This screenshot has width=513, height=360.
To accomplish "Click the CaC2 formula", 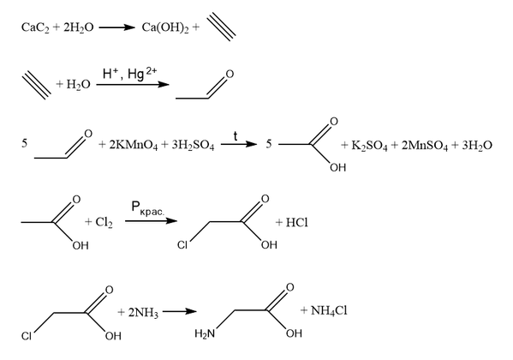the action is [35, 27].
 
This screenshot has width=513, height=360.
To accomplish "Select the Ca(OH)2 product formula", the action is [165, 27].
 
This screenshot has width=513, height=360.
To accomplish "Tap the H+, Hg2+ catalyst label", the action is [129, 74].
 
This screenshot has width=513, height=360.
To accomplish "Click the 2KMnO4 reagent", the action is [133, 145].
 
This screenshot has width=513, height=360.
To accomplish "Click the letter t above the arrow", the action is [236, 136].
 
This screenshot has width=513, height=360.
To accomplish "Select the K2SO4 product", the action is [369, 145].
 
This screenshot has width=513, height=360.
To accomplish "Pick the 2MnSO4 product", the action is [424, 145].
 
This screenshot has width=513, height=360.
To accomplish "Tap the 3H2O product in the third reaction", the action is [477, 145].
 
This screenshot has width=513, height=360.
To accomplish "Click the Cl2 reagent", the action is [104, 222].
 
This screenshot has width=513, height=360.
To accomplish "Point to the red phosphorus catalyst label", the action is [147, 208].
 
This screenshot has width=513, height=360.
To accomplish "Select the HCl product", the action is [296, 223].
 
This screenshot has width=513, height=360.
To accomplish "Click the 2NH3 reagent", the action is [143, 313].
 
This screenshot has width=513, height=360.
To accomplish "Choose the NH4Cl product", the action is [329, 310].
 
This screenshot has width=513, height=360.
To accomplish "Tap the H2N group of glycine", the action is [205, 333].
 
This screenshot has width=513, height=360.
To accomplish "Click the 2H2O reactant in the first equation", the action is [79, 27].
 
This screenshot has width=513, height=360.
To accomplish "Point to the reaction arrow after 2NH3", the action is [180, 311].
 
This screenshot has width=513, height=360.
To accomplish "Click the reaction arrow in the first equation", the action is [116, 27].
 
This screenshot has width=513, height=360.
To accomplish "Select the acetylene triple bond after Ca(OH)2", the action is [222, 27].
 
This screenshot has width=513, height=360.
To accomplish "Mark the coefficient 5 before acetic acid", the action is [269, 144].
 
